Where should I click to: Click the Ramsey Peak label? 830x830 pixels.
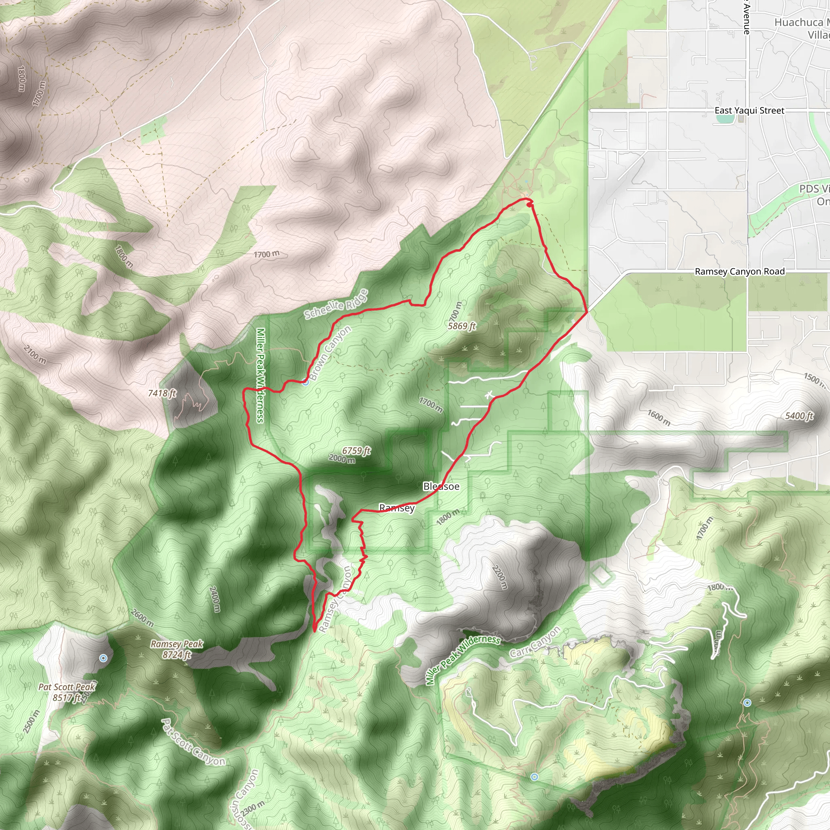pyautogui.click(x=177, y=644)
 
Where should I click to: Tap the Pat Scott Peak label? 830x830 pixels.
pyautogui.click(x=66, y=687)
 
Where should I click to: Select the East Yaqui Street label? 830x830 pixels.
pyautogui.click(x=749, y=110)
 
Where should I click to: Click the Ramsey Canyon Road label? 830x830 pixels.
pyautogui.click(x=739, y=272)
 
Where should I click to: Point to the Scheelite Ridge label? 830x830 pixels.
pyautogui.click(x=336, y=305)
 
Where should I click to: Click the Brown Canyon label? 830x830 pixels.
pyautogui.click(x=330, y=353)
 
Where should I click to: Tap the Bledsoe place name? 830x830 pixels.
pyautogui.click(x=441, y=486)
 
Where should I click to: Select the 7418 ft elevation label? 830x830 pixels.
pyautogui.click(x=162, y=393)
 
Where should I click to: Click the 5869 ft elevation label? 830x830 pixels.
pyautogui.click(x=462, y=326)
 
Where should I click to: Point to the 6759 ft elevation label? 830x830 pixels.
pyautogui.click(x=356, y=451)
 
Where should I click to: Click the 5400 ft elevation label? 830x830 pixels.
pyautogui.click(x=799, y=416)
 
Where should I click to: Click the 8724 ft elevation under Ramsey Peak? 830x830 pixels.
pyautogui.click(x=177, y=655)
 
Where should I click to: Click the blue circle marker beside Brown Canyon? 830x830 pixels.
pyautogui.click(x=306, y=382)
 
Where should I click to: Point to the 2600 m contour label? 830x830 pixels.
pyautogui.click(x=142, y=618)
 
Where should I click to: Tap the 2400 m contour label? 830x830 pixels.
pyautogui.click(x=215, y=599)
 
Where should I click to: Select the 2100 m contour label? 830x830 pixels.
pyautogui.click(x=35, y=355)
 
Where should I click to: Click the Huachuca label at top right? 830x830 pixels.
pyautogui.click(x=798, y=22)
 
